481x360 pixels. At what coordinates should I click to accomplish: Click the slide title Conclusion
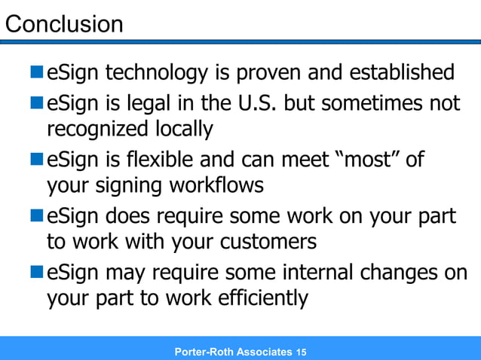(64, 24)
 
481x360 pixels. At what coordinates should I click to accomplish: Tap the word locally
(185, 129)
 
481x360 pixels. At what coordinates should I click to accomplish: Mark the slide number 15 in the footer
(302, 352)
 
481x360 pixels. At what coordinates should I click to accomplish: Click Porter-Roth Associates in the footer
(232, 352)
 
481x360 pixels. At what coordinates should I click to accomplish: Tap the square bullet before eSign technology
(38, 74)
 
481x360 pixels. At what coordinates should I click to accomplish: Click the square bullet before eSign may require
(38, 271)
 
